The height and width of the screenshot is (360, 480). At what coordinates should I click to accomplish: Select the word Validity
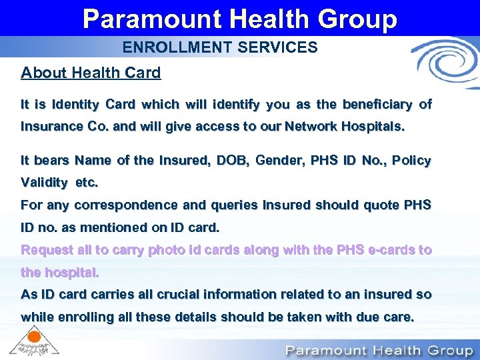(x=45, y=183)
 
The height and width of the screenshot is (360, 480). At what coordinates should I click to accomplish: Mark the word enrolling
(x=80, y=317)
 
